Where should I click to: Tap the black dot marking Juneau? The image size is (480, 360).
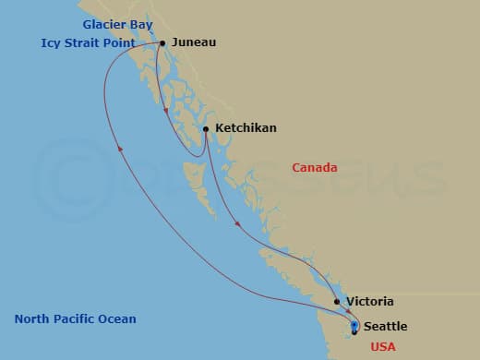[162, 42]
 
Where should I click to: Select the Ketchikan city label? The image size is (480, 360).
[246, 128]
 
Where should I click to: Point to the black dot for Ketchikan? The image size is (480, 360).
[206, 129]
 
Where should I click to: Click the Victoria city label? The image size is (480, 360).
[369, 302]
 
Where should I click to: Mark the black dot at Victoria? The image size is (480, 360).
[337, 302]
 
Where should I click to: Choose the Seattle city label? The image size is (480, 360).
[385, 327]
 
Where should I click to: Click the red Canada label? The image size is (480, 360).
[315, 168]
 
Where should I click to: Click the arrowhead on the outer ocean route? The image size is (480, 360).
[119, 150]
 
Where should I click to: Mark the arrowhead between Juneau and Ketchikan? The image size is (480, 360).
[166, 113]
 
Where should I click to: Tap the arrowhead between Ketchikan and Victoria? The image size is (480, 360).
[237, 224]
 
